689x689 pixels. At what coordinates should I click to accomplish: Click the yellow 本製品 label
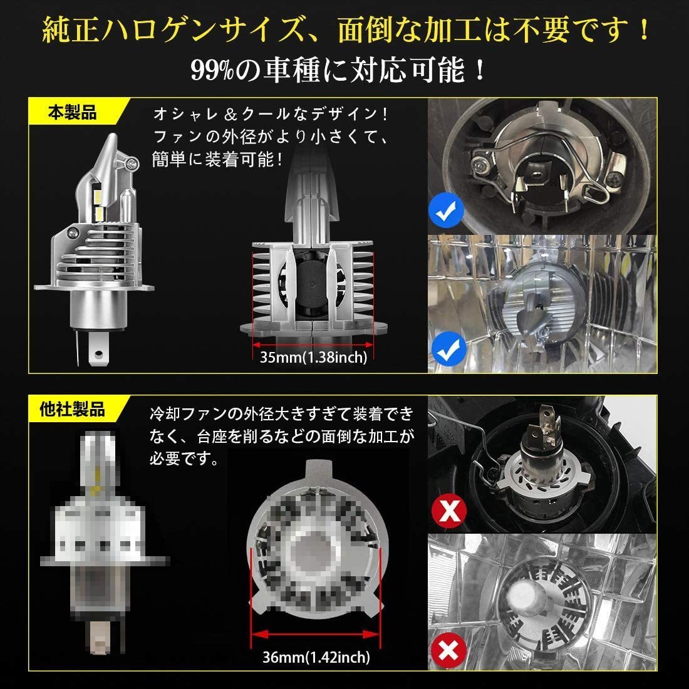tap(73, 113)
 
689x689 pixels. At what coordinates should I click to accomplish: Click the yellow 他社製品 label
tap(73, 410)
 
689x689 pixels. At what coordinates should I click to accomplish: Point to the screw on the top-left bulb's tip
tap(132, 163)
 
